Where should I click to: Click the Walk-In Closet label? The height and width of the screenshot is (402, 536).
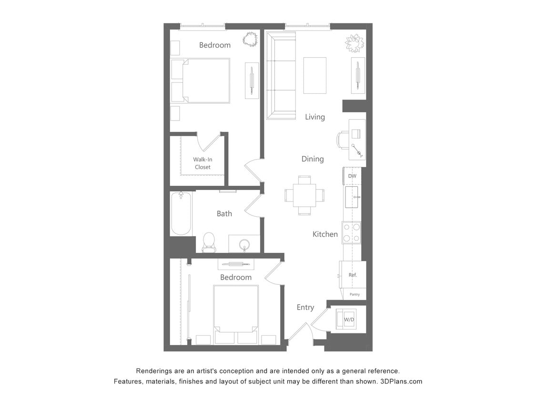(202, 163)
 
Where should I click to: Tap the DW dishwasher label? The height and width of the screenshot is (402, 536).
(352, 176)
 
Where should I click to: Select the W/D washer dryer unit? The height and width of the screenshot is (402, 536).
(349, 319)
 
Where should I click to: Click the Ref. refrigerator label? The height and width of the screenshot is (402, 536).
(353, 275)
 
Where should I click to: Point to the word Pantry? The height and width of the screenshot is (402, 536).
(354, 294)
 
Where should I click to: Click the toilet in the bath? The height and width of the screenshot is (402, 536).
(209, 241)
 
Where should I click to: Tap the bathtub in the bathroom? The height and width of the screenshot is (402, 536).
(181, 213)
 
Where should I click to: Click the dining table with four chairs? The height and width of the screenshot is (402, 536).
(304, 195)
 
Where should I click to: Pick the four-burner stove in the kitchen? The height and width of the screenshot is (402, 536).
(351, 233)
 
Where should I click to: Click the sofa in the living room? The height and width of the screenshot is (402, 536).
(281, 75)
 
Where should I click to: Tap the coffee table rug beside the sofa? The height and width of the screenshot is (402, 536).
(315, 75)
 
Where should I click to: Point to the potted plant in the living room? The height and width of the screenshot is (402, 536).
(354, 44)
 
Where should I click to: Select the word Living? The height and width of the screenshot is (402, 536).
(315, 117)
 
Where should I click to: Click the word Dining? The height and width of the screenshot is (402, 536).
(313, 159)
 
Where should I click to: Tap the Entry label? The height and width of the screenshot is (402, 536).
(305, 307)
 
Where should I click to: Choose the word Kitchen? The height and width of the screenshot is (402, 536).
(325, 234)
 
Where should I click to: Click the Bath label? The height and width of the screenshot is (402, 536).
(224, 213)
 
